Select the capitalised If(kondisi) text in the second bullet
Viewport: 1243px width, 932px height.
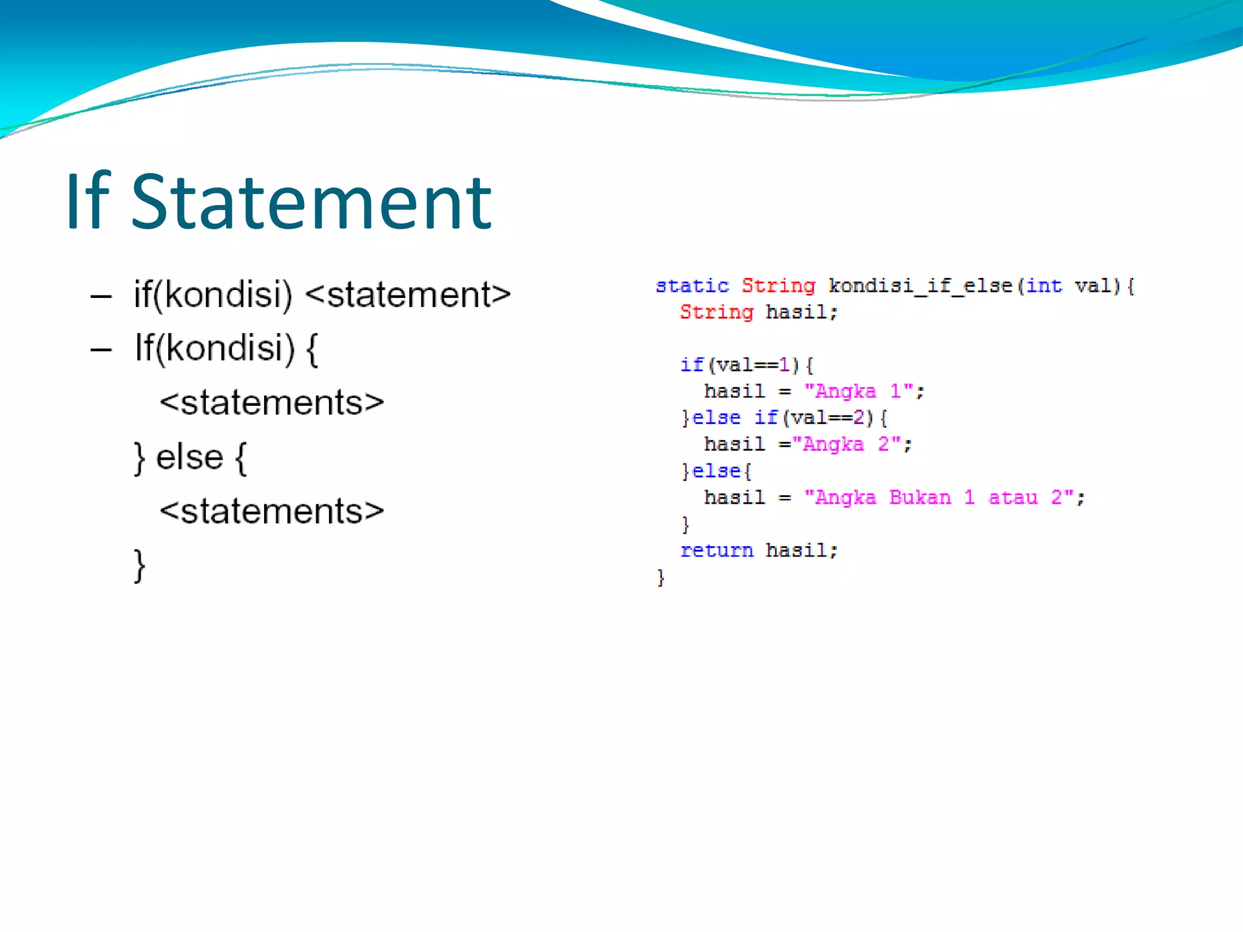coord(214,348)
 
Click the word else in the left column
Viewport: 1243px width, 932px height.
coord(189,457)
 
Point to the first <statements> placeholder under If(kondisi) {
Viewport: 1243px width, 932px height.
coord(272,403)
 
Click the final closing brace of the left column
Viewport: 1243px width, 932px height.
coord(140,566)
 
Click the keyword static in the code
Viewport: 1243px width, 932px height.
coord(692,286)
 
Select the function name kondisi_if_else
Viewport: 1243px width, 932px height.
coord(920,286)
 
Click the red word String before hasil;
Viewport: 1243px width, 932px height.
coord(716,312)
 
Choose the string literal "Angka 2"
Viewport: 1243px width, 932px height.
coord(846,445)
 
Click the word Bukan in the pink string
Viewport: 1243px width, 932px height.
coord(920,498)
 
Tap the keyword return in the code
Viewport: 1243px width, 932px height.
coord(716,550)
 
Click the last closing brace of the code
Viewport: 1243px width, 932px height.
coord(661,577)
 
